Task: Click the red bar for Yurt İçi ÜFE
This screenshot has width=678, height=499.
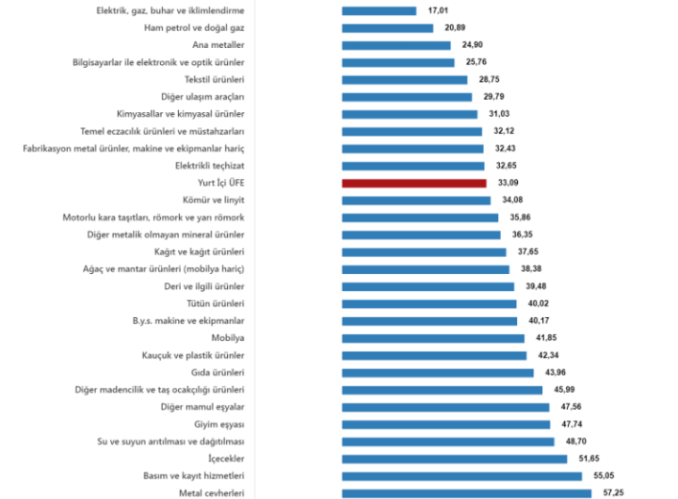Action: coord(413,184)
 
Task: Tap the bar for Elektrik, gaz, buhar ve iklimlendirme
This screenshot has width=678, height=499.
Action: coord(379,11)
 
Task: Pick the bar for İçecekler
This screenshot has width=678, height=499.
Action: coord(454,459)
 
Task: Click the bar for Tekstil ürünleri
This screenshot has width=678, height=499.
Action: coord(404,80)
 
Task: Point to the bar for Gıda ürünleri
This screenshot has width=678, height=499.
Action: coord(438,373)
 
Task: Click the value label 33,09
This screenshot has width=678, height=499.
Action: coord(506,184)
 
